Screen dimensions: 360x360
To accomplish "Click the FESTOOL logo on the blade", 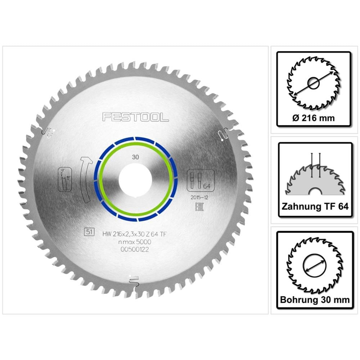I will coord(136,117).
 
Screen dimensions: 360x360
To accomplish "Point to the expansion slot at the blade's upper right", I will coord(222,134).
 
